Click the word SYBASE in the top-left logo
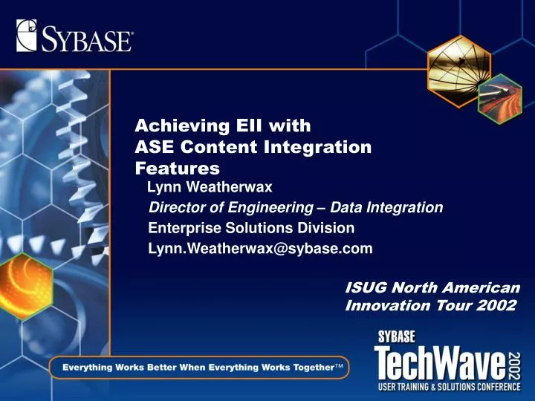coord(86,37)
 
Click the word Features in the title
coord(177,169)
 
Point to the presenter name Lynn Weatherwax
coord(210,186)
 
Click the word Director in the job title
coord(178,207)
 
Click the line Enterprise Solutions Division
coord(251,228)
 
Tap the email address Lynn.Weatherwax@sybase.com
coord(260,249)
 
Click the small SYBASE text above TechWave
coord(397,336)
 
